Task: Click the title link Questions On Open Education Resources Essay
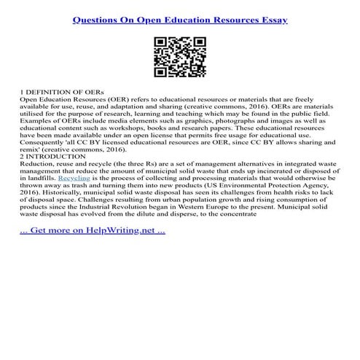(180, 20)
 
